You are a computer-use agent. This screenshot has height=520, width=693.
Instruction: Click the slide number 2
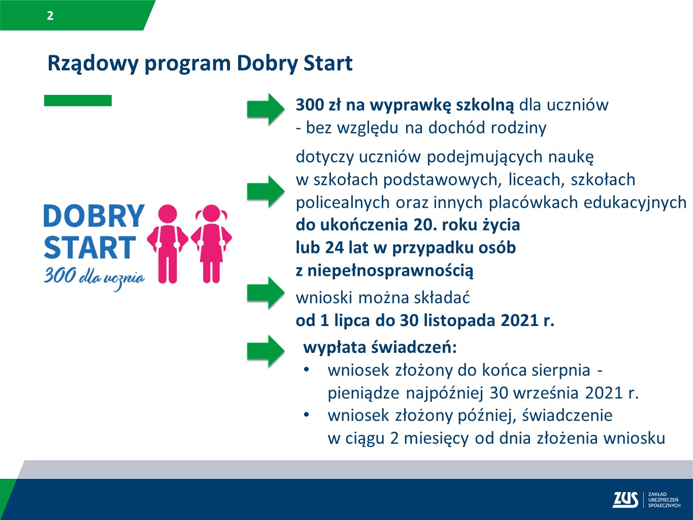click(x=50, y=16)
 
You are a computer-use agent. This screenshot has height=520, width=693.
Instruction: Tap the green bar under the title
click(x=78, y=101)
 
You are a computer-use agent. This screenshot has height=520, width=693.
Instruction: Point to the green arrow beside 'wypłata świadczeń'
click(x=266, y=350)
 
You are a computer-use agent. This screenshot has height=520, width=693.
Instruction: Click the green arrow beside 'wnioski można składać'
click(x=266, y=292)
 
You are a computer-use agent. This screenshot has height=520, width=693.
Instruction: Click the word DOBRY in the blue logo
click(x=94, y=216)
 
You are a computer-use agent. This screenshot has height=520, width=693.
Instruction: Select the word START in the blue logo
click(x=90, y=248)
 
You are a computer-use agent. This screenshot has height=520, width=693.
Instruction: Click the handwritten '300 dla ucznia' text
click(x=94, y=277)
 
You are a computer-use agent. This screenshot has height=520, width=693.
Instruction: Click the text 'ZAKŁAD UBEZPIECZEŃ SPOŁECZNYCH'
click(x=664, y=500)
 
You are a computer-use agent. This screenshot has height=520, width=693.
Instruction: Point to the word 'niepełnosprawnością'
click(x=390, y=270)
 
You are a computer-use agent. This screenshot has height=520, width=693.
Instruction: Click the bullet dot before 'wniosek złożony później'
click(x=307, y=414)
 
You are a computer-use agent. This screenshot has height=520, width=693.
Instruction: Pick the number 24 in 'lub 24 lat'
click(x=335, y=247)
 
